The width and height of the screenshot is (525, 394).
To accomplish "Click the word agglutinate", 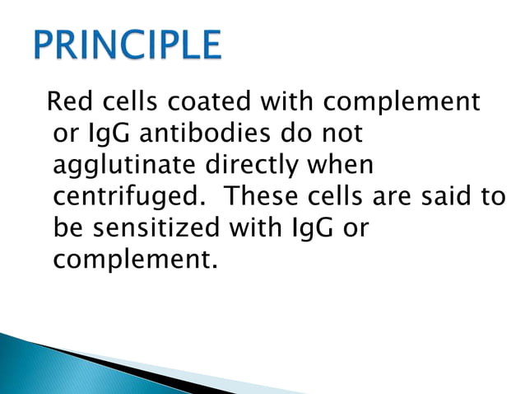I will coord(121,166).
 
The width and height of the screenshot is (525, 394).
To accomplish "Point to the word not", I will coord(340,134).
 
